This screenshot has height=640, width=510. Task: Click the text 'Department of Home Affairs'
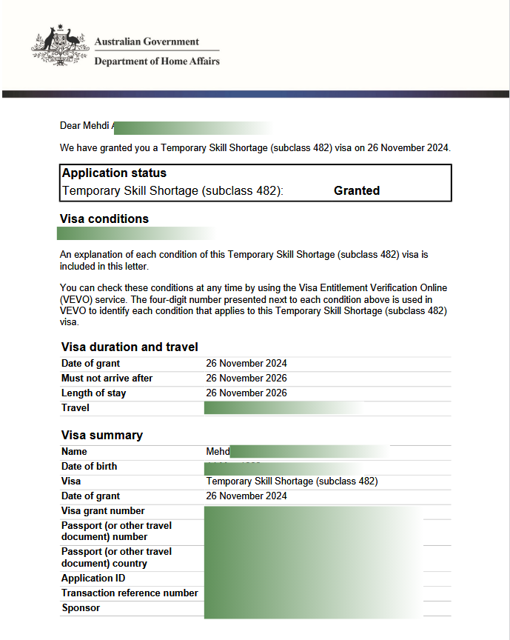click(157, 61)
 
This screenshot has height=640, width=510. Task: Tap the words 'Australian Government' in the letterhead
click(147, 41)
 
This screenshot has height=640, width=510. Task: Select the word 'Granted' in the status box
click(356, 190)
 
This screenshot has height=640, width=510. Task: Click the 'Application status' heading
click(114, 173)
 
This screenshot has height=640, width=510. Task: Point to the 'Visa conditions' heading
click(104, 219)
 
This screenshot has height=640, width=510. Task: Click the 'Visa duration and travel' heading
click(130, 347)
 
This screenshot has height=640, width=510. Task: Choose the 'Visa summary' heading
click(102, 435)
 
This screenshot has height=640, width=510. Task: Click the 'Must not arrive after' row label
click(107, 379)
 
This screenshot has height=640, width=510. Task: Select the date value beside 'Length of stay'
click(246, 393)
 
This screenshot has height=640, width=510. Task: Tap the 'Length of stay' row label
click(93, 393)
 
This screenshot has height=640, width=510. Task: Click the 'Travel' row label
click(75, 407)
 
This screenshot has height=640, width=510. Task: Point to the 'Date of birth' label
click(89, 467)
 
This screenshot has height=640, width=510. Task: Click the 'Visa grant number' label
click(103, 511)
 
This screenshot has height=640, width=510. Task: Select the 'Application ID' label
click(93, 579)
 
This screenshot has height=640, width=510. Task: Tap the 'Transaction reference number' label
click(130, 593)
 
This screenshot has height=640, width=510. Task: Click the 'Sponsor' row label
click(81, 608)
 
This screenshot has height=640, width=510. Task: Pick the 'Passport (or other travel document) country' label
click(116, 558)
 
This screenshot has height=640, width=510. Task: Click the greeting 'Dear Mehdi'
click(84, 126)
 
